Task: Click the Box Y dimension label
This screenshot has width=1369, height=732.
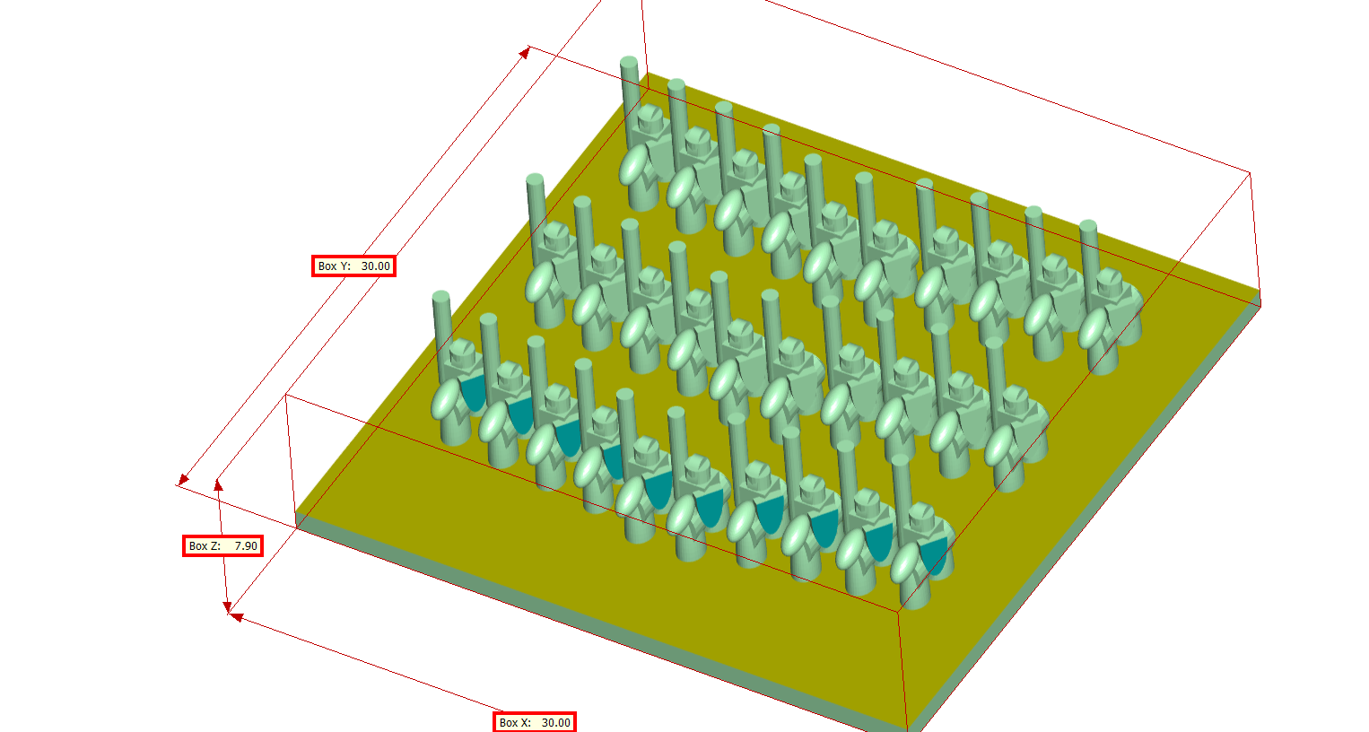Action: (x=353, y=266)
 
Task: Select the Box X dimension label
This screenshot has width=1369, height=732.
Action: (x=534, y=722)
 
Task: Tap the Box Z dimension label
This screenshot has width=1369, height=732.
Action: (x=222, y=545)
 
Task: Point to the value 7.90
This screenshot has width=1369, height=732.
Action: (x=247, y=545)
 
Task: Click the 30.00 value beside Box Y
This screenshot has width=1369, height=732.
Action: (x=375, y=266)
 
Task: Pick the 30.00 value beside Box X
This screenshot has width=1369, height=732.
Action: (x=555, y=722)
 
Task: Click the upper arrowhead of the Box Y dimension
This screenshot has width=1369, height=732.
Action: (x=525, y=53)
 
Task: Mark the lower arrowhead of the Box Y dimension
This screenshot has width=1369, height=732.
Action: (x=183, y=480)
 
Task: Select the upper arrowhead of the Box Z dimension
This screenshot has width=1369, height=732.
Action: (x=218, y=485)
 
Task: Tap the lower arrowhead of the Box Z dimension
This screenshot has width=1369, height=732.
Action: (x=227, y=606)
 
